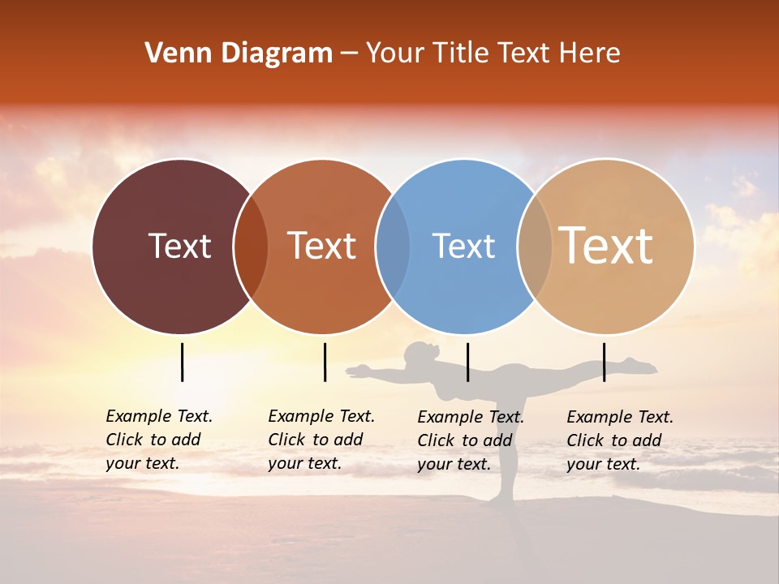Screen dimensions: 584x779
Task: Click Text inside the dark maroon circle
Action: point(179,246)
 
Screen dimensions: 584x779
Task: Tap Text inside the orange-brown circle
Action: point(322,246)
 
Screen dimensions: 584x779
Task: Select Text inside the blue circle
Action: point(463,246)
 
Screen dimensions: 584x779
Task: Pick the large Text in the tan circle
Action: point(606,245)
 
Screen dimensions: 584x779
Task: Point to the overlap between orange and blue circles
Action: point(393,247)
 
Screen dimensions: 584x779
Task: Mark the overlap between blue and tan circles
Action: point(535,247)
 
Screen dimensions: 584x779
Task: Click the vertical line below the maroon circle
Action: point(182,362)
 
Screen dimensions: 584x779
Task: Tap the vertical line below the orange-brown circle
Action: point(325,362)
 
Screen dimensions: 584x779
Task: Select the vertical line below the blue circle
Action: point(467,362)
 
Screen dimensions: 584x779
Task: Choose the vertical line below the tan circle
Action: point(604,362)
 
